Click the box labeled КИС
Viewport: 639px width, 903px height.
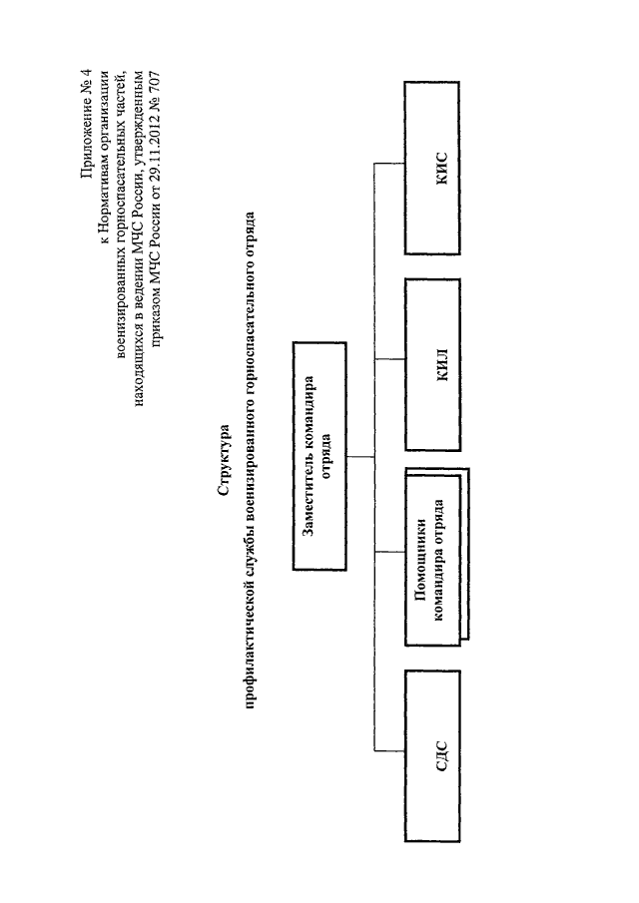432,168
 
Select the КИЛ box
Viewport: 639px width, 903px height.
432,364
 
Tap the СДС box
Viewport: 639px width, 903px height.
432,756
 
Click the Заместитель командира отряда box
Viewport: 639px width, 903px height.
319,456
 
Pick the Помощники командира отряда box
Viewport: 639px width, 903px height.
436,557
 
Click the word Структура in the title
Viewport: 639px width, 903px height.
224,460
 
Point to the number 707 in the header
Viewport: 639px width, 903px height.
154,85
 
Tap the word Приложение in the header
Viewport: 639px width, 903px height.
87,139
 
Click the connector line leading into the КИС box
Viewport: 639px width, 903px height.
389,164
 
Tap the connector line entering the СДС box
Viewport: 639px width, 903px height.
389,750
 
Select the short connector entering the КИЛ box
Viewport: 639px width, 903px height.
390,359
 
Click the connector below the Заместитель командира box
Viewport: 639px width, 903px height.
360,457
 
